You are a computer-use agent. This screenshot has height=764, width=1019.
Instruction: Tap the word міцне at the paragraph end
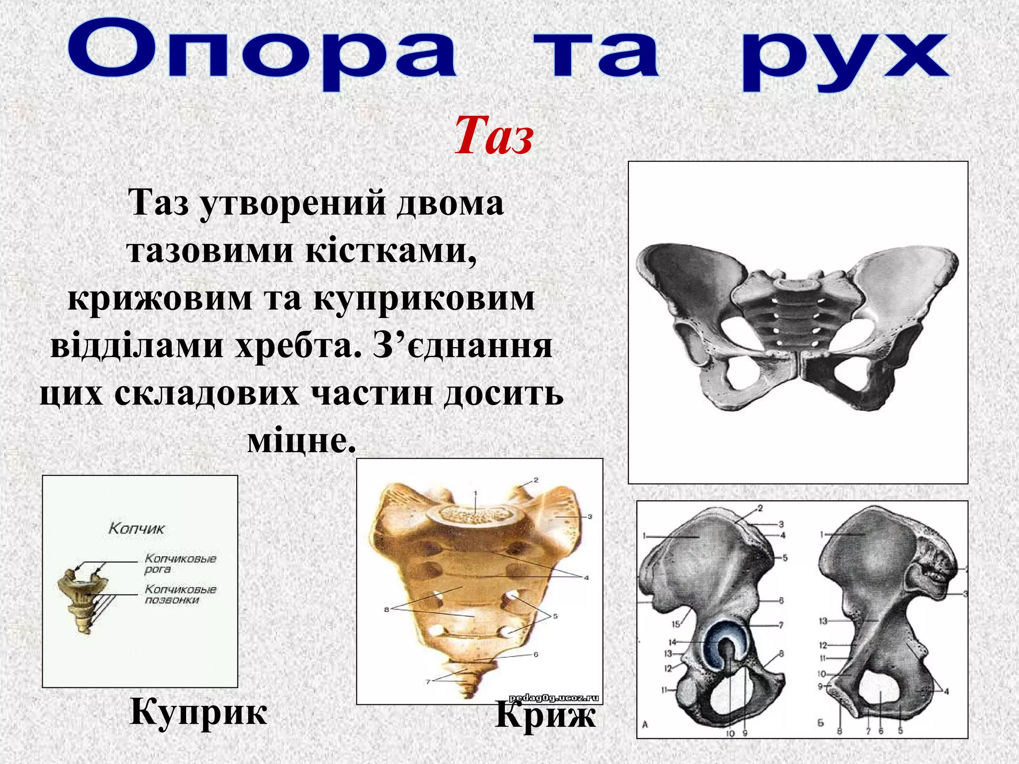(301, 441)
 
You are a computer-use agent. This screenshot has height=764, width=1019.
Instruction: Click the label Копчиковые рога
(180, 564)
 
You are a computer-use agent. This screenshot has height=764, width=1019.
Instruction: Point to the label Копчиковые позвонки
(180, 594)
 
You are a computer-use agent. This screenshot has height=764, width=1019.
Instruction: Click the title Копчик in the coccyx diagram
(136, 528)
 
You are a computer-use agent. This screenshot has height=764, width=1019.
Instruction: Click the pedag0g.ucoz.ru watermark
(553, 698)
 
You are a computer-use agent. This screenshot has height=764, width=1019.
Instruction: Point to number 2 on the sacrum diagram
(536, 480)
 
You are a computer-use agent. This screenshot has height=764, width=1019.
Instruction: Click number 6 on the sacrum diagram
(536, 655)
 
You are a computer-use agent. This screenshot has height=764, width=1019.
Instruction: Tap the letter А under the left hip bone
(645, 725)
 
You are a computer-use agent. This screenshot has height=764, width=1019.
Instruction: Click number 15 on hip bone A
(676, 624)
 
